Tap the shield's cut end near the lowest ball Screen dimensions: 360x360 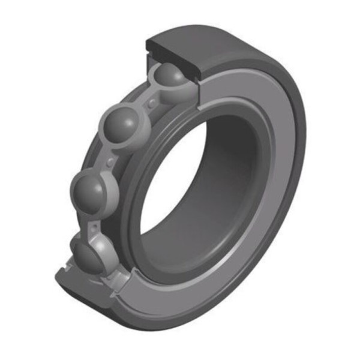click(123, 276)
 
